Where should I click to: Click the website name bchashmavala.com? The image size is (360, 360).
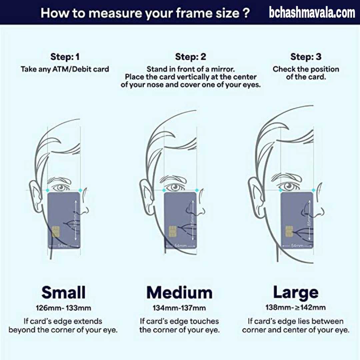click(x=312, y=13)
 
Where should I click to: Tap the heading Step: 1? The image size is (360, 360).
click(x=65, y=57)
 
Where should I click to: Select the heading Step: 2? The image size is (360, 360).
click(x=191, y=57)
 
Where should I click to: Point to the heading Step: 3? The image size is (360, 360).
click(x=306, y=57)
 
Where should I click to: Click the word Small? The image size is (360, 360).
click(x=63, y=292)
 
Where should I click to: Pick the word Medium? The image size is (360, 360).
click(x=179, y=293)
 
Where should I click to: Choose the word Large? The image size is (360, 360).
click(x=296, y=293)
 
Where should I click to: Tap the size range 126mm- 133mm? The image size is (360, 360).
click(x=63, y=308)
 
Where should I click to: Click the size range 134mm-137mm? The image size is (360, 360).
click(x=179, y=308)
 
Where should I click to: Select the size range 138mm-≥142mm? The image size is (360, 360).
click(x=295, y=307)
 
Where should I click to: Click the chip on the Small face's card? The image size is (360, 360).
click(x=56, y=231)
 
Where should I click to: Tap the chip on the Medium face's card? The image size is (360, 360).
click(x=173, y=231)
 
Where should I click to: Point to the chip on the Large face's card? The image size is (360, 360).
click(x=289, y=231)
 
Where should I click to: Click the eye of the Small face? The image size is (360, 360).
click(x=61, y=188)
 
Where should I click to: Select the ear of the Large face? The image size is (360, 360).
click(x=256, y=197)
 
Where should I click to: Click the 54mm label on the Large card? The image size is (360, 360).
click(x=297, y=246)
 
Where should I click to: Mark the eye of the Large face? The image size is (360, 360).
click(x=289, y=186)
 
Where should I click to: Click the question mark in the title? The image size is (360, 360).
click(x=246, y=13)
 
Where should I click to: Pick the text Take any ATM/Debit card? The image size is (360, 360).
click(x=65, y=69)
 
